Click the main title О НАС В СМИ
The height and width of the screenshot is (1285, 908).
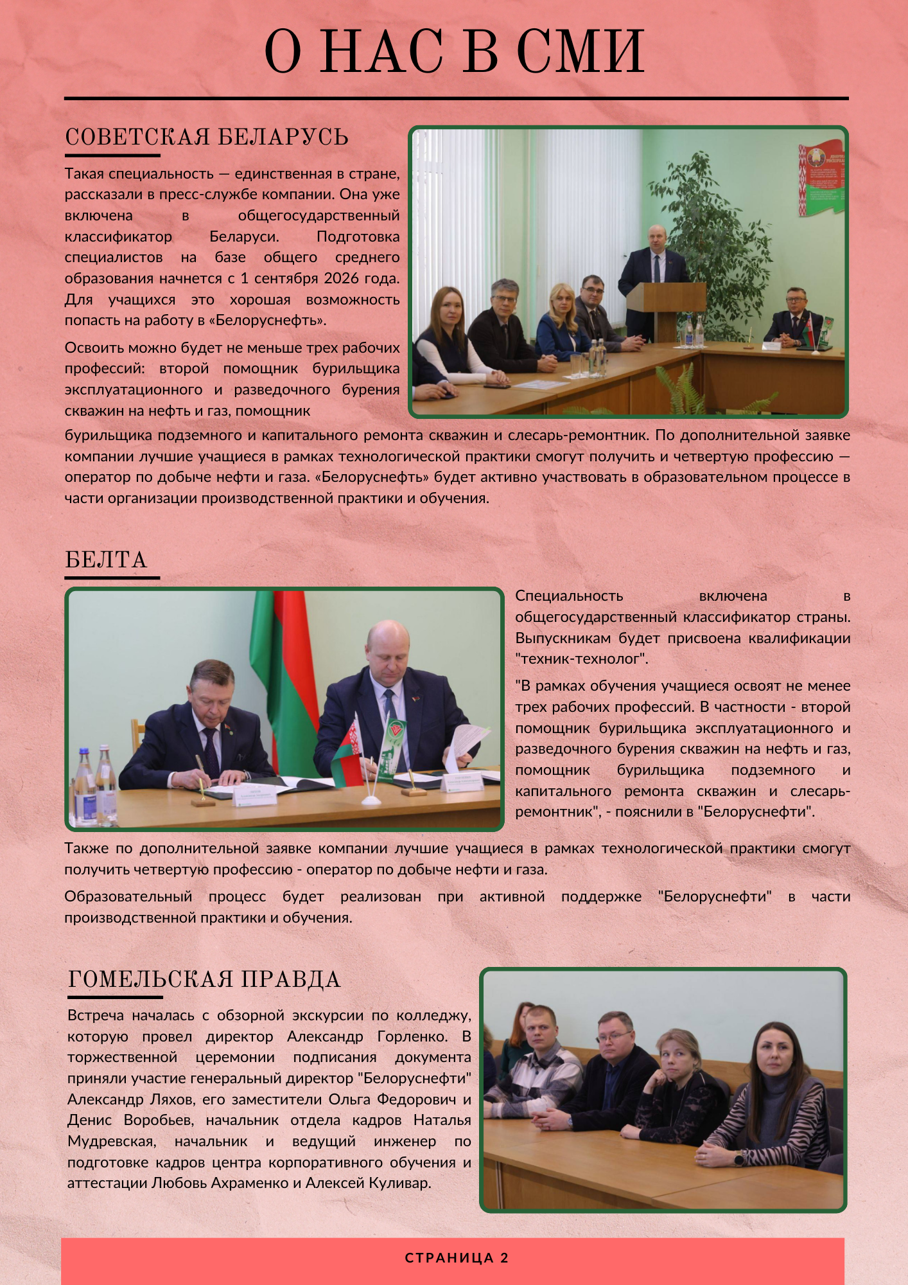point(454,51)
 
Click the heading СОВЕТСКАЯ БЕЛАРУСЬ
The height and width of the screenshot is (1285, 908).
point(206,137)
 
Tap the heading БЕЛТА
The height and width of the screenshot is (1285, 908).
point(106,560)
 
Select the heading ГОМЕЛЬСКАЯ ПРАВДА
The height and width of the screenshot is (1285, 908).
point(204,980)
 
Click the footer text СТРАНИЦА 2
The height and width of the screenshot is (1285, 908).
point(457,1258)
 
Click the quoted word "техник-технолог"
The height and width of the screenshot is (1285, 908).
point(582,659)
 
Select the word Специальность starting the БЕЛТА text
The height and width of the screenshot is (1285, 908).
point(569,596)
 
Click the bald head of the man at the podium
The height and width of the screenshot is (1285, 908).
point(658,238)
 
